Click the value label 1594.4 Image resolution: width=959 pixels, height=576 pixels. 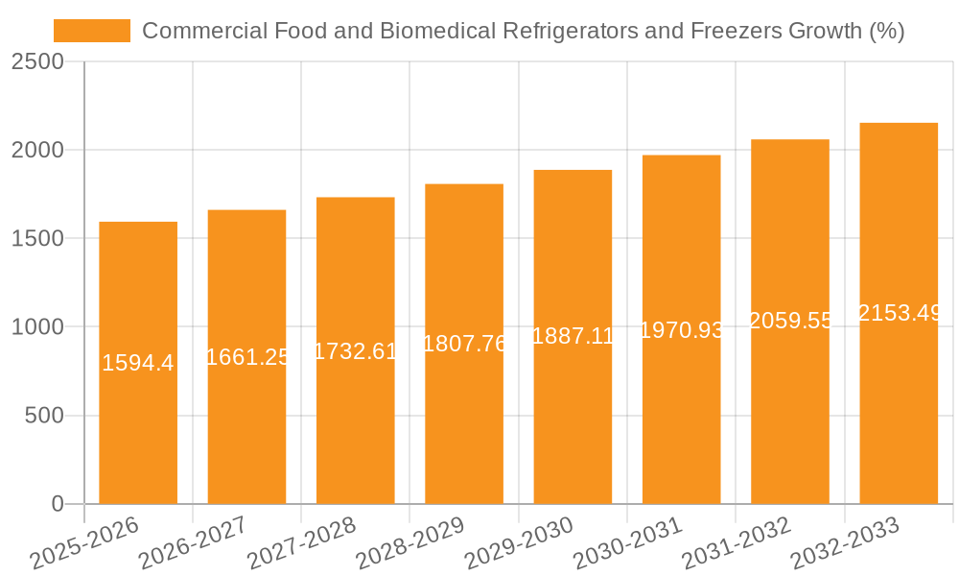[138, 363]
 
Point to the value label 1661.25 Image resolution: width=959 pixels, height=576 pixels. [247, 357]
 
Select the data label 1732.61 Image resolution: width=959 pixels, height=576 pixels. [356, 351]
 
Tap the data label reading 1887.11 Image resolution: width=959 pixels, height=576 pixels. [573, 336]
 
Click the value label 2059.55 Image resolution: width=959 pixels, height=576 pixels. [791, 321]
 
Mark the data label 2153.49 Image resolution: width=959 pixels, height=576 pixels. [899, 313]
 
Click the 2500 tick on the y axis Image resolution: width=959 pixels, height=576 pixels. [39, 61]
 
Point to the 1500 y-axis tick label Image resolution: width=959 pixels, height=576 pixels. [39, 238]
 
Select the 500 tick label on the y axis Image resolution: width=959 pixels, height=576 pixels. [46, 416]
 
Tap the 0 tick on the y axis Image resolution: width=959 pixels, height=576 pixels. [58, 504]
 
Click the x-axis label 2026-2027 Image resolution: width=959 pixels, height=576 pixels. [192, 543]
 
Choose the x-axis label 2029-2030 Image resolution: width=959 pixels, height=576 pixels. [519, 543]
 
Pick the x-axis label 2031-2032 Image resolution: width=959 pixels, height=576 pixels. [737, 543]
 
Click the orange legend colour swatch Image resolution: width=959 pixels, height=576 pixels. [92, 31]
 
